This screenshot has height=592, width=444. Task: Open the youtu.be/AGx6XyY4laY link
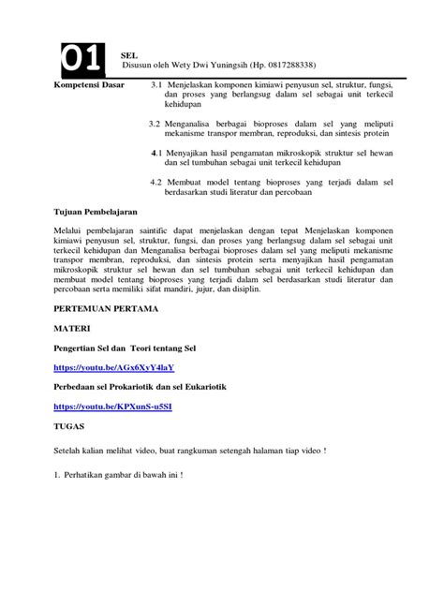(x=114, y=368)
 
